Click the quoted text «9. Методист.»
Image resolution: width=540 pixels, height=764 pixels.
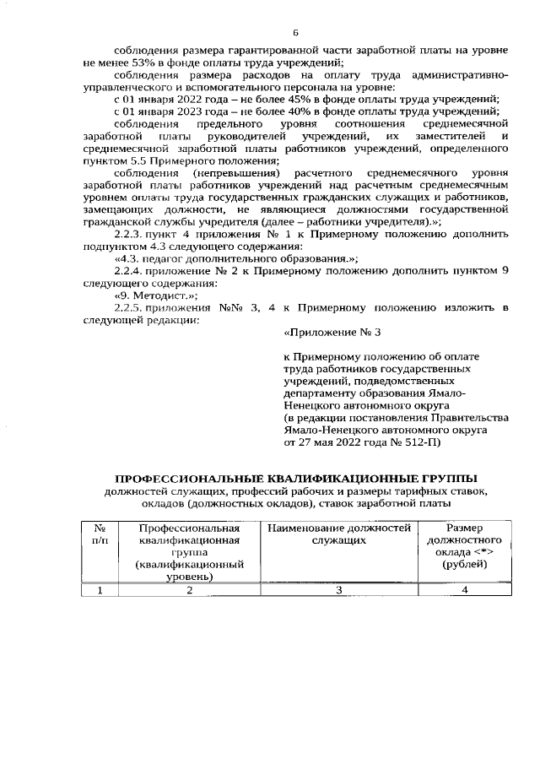[x=156, y=296]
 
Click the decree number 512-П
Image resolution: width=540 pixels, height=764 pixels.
[x=424, y=441]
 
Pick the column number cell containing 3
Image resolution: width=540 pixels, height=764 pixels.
[x=337, y=590]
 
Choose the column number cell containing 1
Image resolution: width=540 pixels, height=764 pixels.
[x=99, y=590]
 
